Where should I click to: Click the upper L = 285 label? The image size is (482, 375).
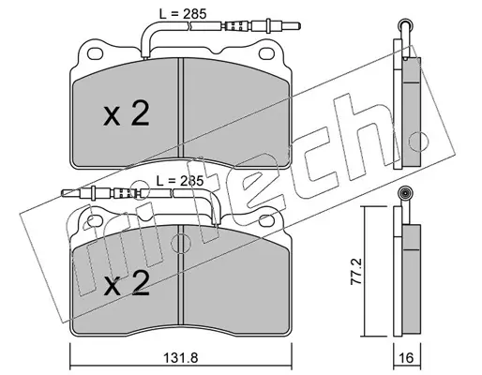point(183,14)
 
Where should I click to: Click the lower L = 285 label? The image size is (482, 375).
point(180,181)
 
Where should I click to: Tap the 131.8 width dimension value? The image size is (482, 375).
point(181,357)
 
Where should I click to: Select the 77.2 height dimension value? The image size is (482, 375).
point(356,271)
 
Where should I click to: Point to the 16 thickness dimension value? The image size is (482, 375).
point(406,357)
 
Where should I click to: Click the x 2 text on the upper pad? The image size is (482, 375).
point(127,114)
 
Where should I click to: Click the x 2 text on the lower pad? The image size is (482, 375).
point(127,283)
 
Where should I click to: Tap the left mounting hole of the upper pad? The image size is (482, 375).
point(96,53)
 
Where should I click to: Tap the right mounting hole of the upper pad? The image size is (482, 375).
point(266,53)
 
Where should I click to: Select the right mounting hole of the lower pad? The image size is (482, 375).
point(266,220)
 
